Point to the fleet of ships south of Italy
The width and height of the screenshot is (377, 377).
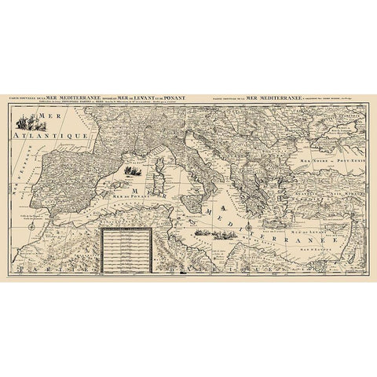[207, 232]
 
